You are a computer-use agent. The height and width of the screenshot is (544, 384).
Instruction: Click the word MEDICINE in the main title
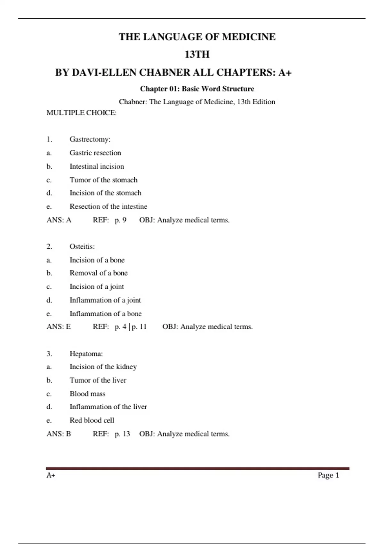coord(249,37)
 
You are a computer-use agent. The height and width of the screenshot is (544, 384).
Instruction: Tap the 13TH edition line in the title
coord(197,54)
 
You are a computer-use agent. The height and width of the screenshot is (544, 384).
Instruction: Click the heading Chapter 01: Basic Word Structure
coord(197,89)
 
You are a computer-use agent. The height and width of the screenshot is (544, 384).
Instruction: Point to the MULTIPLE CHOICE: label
coord(82,113)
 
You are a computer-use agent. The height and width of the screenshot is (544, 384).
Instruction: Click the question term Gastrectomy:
coord(90,139)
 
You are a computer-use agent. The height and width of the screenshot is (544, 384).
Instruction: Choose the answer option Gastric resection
coord(95,153)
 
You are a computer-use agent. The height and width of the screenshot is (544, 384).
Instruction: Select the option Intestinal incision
coord(97,166)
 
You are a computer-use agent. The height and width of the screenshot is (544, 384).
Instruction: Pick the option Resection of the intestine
coord(108,206)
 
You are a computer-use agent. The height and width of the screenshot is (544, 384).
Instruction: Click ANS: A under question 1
coord(59,220)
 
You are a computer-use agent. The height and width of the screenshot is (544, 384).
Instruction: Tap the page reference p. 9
coord(121,220)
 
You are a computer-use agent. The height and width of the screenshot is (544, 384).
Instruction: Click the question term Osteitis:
coord(82,246)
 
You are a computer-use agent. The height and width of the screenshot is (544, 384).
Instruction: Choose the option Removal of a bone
coord(99,273)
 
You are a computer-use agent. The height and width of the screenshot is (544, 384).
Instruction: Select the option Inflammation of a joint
coord(105,300)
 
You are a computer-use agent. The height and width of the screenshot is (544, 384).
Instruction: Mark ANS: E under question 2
coord(59,327)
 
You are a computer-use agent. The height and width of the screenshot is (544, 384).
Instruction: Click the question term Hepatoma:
coord(86,354)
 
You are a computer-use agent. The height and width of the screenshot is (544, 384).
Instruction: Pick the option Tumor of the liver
coord(98,380)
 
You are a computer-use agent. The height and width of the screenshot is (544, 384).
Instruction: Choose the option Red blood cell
coord(92,420)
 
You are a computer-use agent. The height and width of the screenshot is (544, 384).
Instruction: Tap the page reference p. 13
coord(123,434)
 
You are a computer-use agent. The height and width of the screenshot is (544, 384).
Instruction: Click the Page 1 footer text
coord(328,475)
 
